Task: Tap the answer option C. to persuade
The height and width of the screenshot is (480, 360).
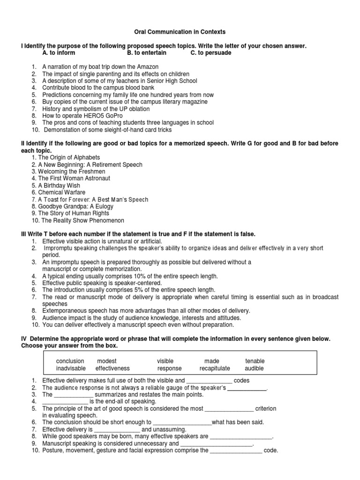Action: [210, 53]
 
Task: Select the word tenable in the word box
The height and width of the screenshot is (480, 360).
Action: [255, 361]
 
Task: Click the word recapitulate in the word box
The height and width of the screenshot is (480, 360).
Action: [215, 368]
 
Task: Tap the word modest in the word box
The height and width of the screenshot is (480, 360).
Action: [106, 361]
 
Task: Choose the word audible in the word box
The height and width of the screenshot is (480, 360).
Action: [255, 368]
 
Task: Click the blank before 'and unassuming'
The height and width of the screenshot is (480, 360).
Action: [117, 429]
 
